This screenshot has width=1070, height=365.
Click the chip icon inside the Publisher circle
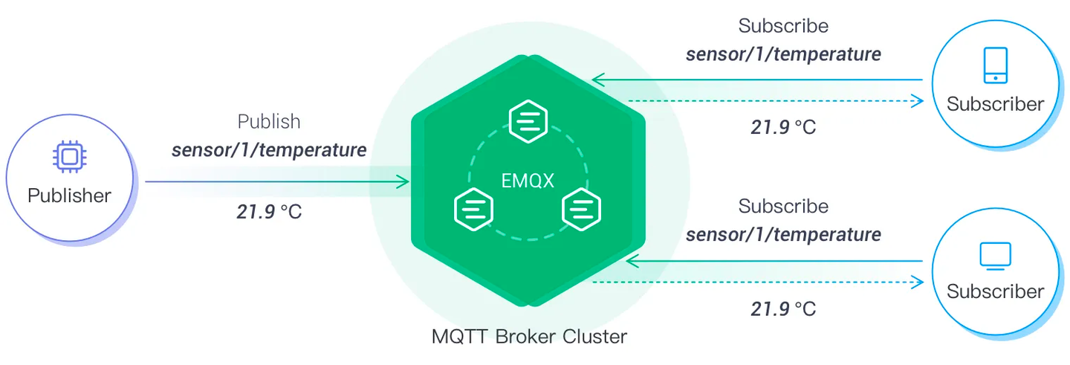(69, 157)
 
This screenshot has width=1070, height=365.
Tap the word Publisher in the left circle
(69, 196)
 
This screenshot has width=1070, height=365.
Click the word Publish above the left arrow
(269, 121)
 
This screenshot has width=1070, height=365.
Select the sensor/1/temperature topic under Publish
(269, 150)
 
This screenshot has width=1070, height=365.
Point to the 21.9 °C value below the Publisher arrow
(269, 211)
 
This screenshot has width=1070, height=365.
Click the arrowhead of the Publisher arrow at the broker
(404, 181)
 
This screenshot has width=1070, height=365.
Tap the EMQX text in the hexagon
(528, 181)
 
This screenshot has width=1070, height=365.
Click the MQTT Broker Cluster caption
(529, 337)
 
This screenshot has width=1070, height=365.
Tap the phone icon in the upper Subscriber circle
(995, 65)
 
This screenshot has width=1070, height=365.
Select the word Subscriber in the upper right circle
(995, 104)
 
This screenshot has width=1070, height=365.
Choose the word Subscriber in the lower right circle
(995, 291)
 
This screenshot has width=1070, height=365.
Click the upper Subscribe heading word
(783, 26)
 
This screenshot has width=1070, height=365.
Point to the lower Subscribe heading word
(783, 206)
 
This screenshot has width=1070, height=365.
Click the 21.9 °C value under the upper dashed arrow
(783, 127)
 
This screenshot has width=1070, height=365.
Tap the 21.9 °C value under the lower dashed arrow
(783, 309)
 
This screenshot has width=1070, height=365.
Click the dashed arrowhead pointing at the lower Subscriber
(918, 282)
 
